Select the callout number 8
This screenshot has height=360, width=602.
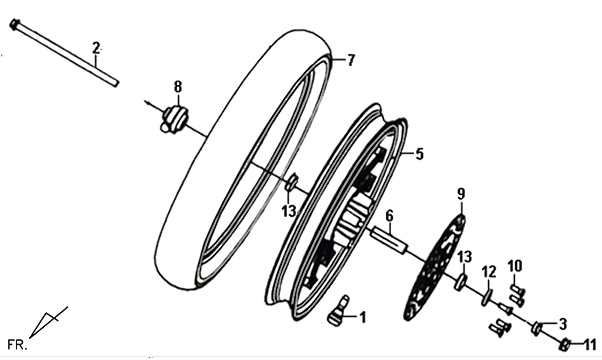178,87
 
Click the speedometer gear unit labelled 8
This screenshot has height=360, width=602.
175,120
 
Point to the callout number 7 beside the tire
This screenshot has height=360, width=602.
351,60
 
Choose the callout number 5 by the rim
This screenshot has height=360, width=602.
419,154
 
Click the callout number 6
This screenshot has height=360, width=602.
389,216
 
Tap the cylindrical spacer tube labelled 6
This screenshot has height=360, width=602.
389,240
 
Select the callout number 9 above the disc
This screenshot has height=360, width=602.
461,194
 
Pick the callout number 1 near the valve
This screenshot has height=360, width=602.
363,317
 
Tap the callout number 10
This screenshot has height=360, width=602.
515,266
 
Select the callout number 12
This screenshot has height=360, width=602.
489,272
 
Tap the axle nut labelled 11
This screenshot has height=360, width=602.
565,345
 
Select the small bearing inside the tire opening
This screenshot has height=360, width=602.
291,182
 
